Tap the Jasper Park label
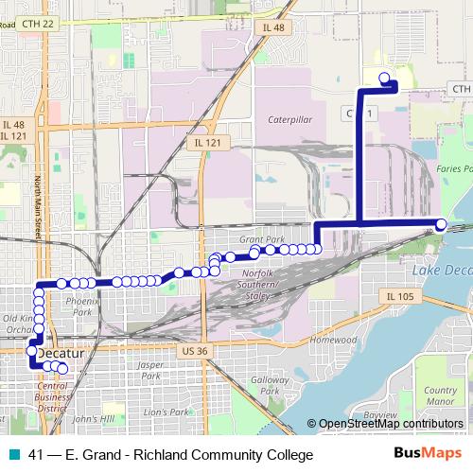[x=149, y=370]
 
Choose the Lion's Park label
[x=167, y=412]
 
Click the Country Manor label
[x=441, y=395]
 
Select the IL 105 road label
[x=400, y=296]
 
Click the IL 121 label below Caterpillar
[x=208, y=142]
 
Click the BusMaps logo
[x=431, y=455]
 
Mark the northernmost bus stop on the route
[x=383, y=79]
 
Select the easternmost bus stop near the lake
[x=441, y=223]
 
